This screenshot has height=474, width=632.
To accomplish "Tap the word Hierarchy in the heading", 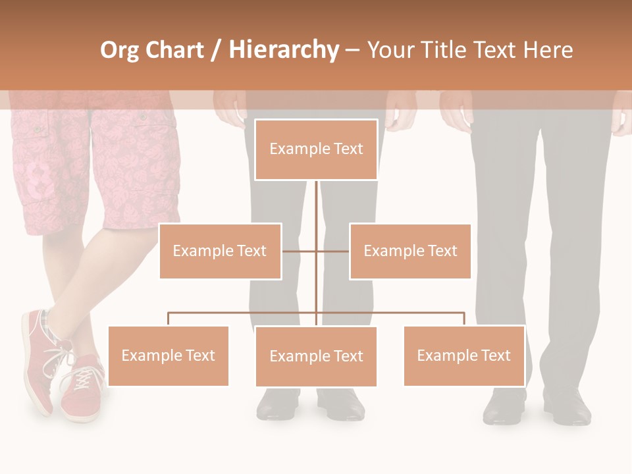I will tap(284, 50).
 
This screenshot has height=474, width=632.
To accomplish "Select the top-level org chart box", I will tap(316, 149).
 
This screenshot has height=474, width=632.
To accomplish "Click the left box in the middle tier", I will tap(220, 251).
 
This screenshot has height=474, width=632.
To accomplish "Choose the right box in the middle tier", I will tap(410, 251).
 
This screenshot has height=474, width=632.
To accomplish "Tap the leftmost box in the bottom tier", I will tap(168, 355).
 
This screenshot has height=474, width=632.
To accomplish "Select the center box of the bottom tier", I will tap(316, 356).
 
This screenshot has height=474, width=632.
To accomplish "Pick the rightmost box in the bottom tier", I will tap(463, 355).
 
